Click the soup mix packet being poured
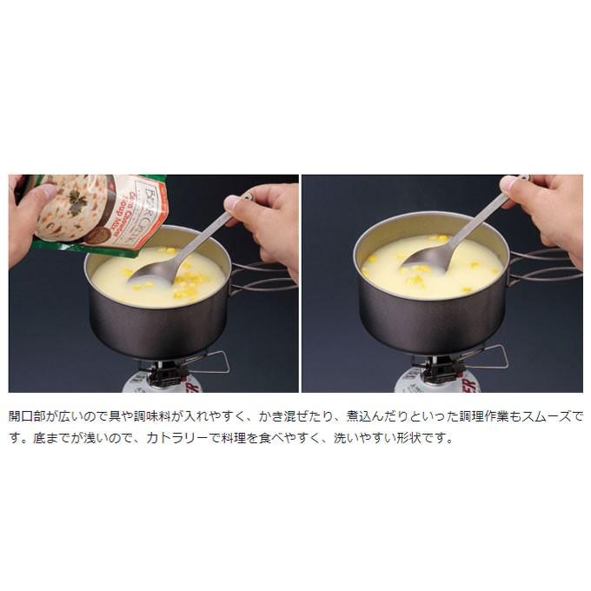tap(96, 213)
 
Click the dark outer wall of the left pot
tap(156, 326)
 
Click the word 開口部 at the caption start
tap(29, 417)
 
